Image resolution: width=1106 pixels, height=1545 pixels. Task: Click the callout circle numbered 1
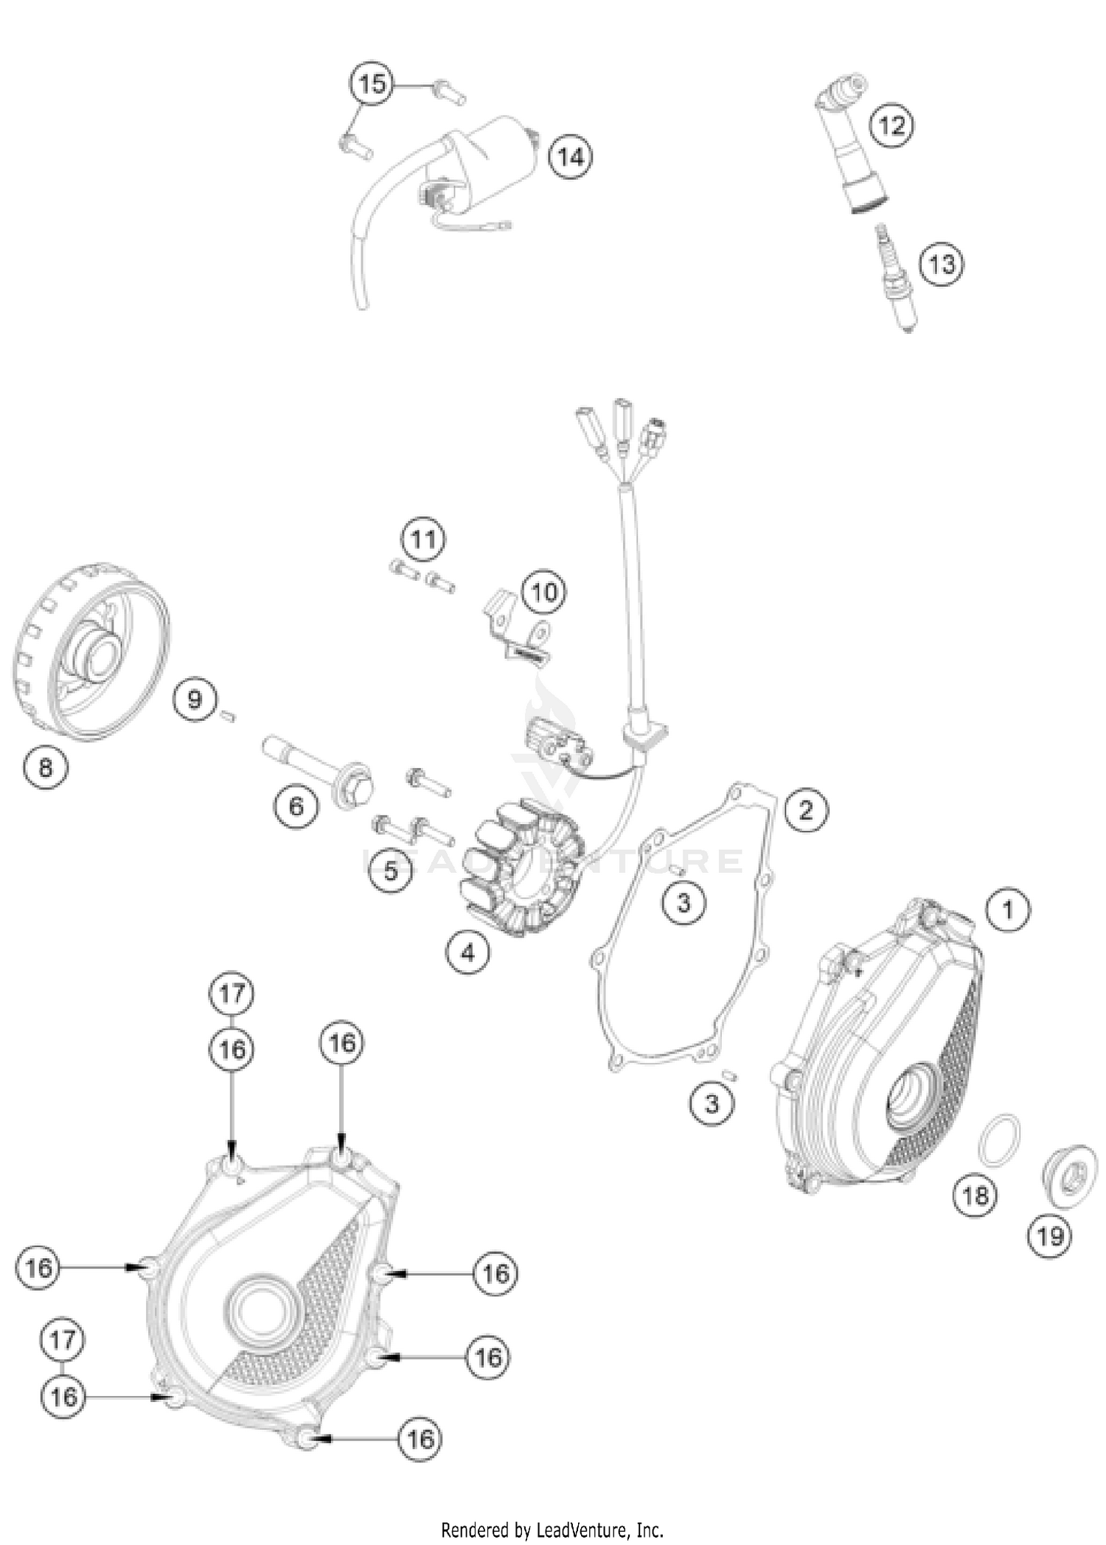point(1007,910)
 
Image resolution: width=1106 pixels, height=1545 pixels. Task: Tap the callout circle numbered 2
point(805,811)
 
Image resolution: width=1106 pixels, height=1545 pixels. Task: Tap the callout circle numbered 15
point(372,84)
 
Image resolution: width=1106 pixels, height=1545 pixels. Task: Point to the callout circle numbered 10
point(544,591)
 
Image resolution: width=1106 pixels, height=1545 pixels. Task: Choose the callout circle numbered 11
point(423,540)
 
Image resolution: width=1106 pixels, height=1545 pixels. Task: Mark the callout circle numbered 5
point(390,871)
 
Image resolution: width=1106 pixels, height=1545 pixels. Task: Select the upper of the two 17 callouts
point(232,994)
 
